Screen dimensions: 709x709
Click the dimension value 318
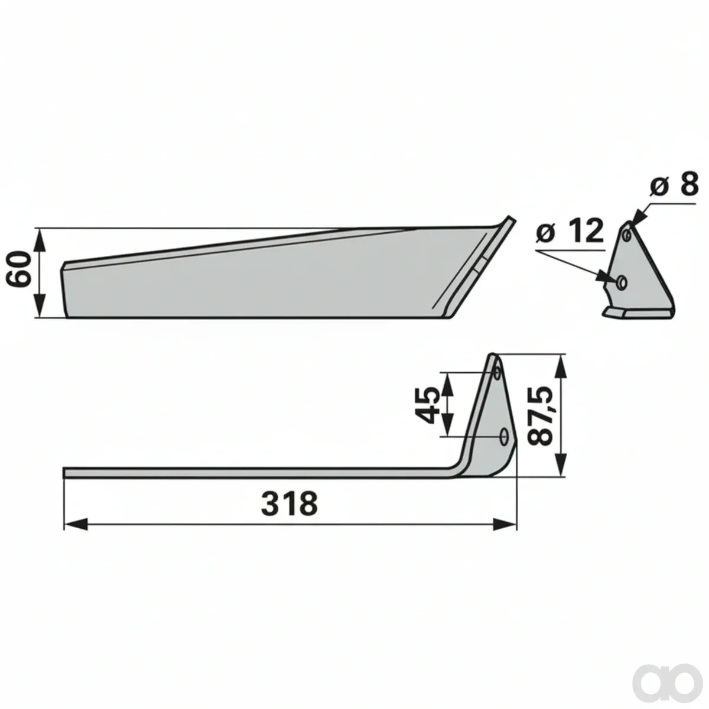pyautogui.click(x=289, y=503)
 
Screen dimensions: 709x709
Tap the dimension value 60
pyautogui.click(x=19, y=269)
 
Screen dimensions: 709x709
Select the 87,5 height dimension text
pyautogui.click(x=540, y=415)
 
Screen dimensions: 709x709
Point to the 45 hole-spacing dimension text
pyautogui.click(x=427, y=405)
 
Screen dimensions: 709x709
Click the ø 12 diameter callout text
pyautogui.click(x=570, y=230)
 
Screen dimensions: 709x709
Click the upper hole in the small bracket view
pyautogui.click(x=627, y=233)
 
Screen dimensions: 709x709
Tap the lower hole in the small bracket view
pyautogui.click(x=622, y=282)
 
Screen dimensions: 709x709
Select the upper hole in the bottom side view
pyautogui.click(x=497, y=372)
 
